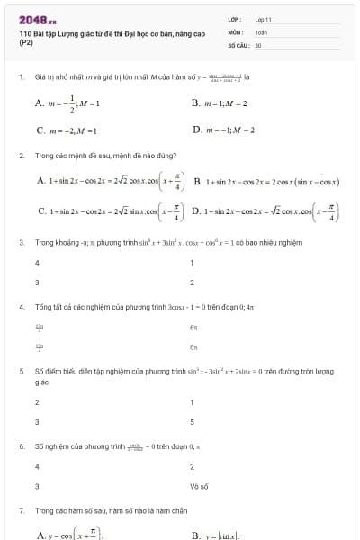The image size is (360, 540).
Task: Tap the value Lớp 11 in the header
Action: point(264,19)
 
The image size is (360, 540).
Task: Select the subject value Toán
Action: point(261,31)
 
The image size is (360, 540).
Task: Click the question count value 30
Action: point(258,44)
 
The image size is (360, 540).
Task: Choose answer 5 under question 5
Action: point(192,422)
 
